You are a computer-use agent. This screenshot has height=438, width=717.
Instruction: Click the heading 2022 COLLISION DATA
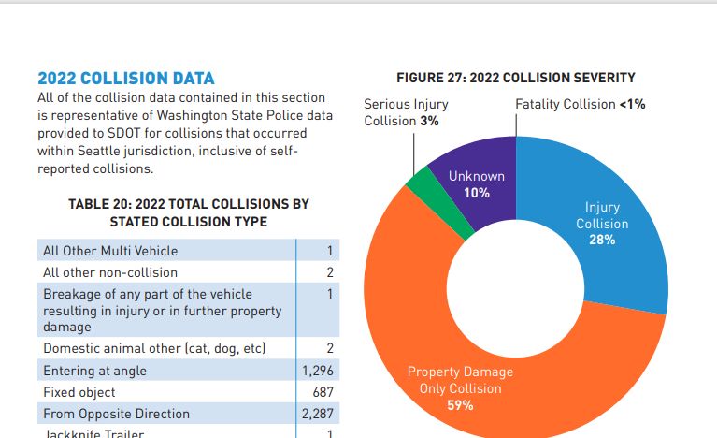(x=125, y=78)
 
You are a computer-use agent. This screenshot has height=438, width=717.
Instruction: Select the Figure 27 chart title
(x=515, y=78)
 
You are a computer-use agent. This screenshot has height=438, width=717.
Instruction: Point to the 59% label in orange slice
(x=460, y=405)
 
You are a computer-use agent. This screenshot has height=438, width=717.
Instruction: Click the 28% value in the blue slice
(x=602, y=241)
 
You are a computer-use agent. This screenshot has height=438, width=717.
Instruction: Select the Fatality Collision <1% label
(x=580, y=104)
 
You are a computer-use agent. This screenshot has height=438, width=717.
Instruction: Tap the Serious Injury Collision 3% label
(x=406, y=112)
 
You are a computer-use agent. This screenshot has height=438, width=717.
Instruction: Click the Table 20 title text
(x=188, y=212)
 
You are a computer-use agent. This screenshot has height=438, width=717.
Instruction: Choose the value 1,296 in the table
(x=318, y=371)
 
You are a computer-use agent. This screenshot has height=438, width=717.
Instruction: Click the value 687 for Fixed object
(x=323, y=392)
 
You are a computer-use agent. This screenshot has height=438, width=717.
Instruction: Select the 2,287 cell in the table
(x=318, y=414)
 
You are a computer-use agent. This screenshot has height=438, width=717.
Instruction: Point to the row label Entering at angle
(x=95, y=371)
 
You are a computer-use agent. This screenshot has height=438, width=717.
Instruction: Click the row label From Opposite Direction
(x=116, y=414)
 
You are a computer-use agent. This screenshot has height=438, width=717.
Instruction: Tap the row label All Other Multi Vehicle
(x=110, y=251)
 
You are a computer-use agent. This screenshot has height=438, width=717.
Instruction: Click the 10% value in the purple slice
(x=477, y=193)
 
